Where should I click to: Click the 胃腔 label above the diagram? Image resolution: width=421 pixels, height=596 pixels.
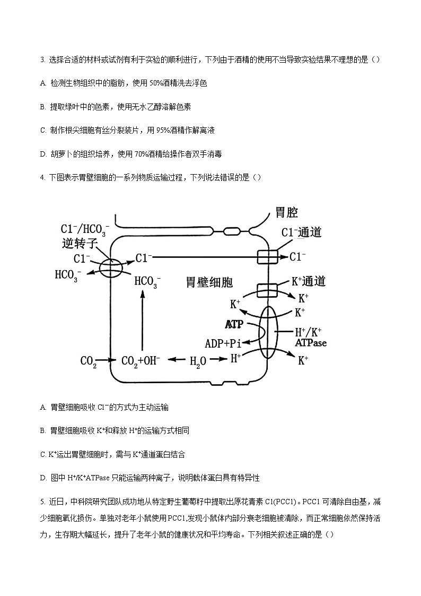tap(287, 213)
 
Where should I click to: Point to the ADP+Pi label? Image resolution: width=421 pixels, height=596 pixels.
tap(226, 343)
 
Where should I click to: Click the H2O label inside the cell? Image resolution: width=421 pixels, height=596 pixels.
tap(198, 361)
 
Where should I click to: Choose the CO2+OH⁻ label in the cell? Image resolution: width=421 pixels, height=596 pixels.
tap(141, 361)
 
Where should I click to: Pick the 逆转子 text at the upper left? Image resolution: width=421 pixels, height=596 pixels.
tap(77, 244)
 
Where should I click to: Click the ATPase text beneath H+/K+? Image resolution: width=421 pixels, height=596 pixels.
tap(311, 343)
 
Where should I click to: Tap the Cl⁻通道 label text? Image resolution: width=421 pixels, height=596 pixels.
tap(301, 232)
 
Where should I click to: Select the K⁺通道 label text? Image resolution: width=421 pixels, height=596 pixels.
tap(309, 281)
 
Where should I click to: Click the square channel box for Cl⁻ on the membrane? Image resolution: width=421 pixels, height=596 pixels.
tap(268, 257)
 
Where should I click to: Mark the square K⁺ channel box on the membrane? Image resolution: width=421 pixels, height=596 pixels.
tap(268, 290)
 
